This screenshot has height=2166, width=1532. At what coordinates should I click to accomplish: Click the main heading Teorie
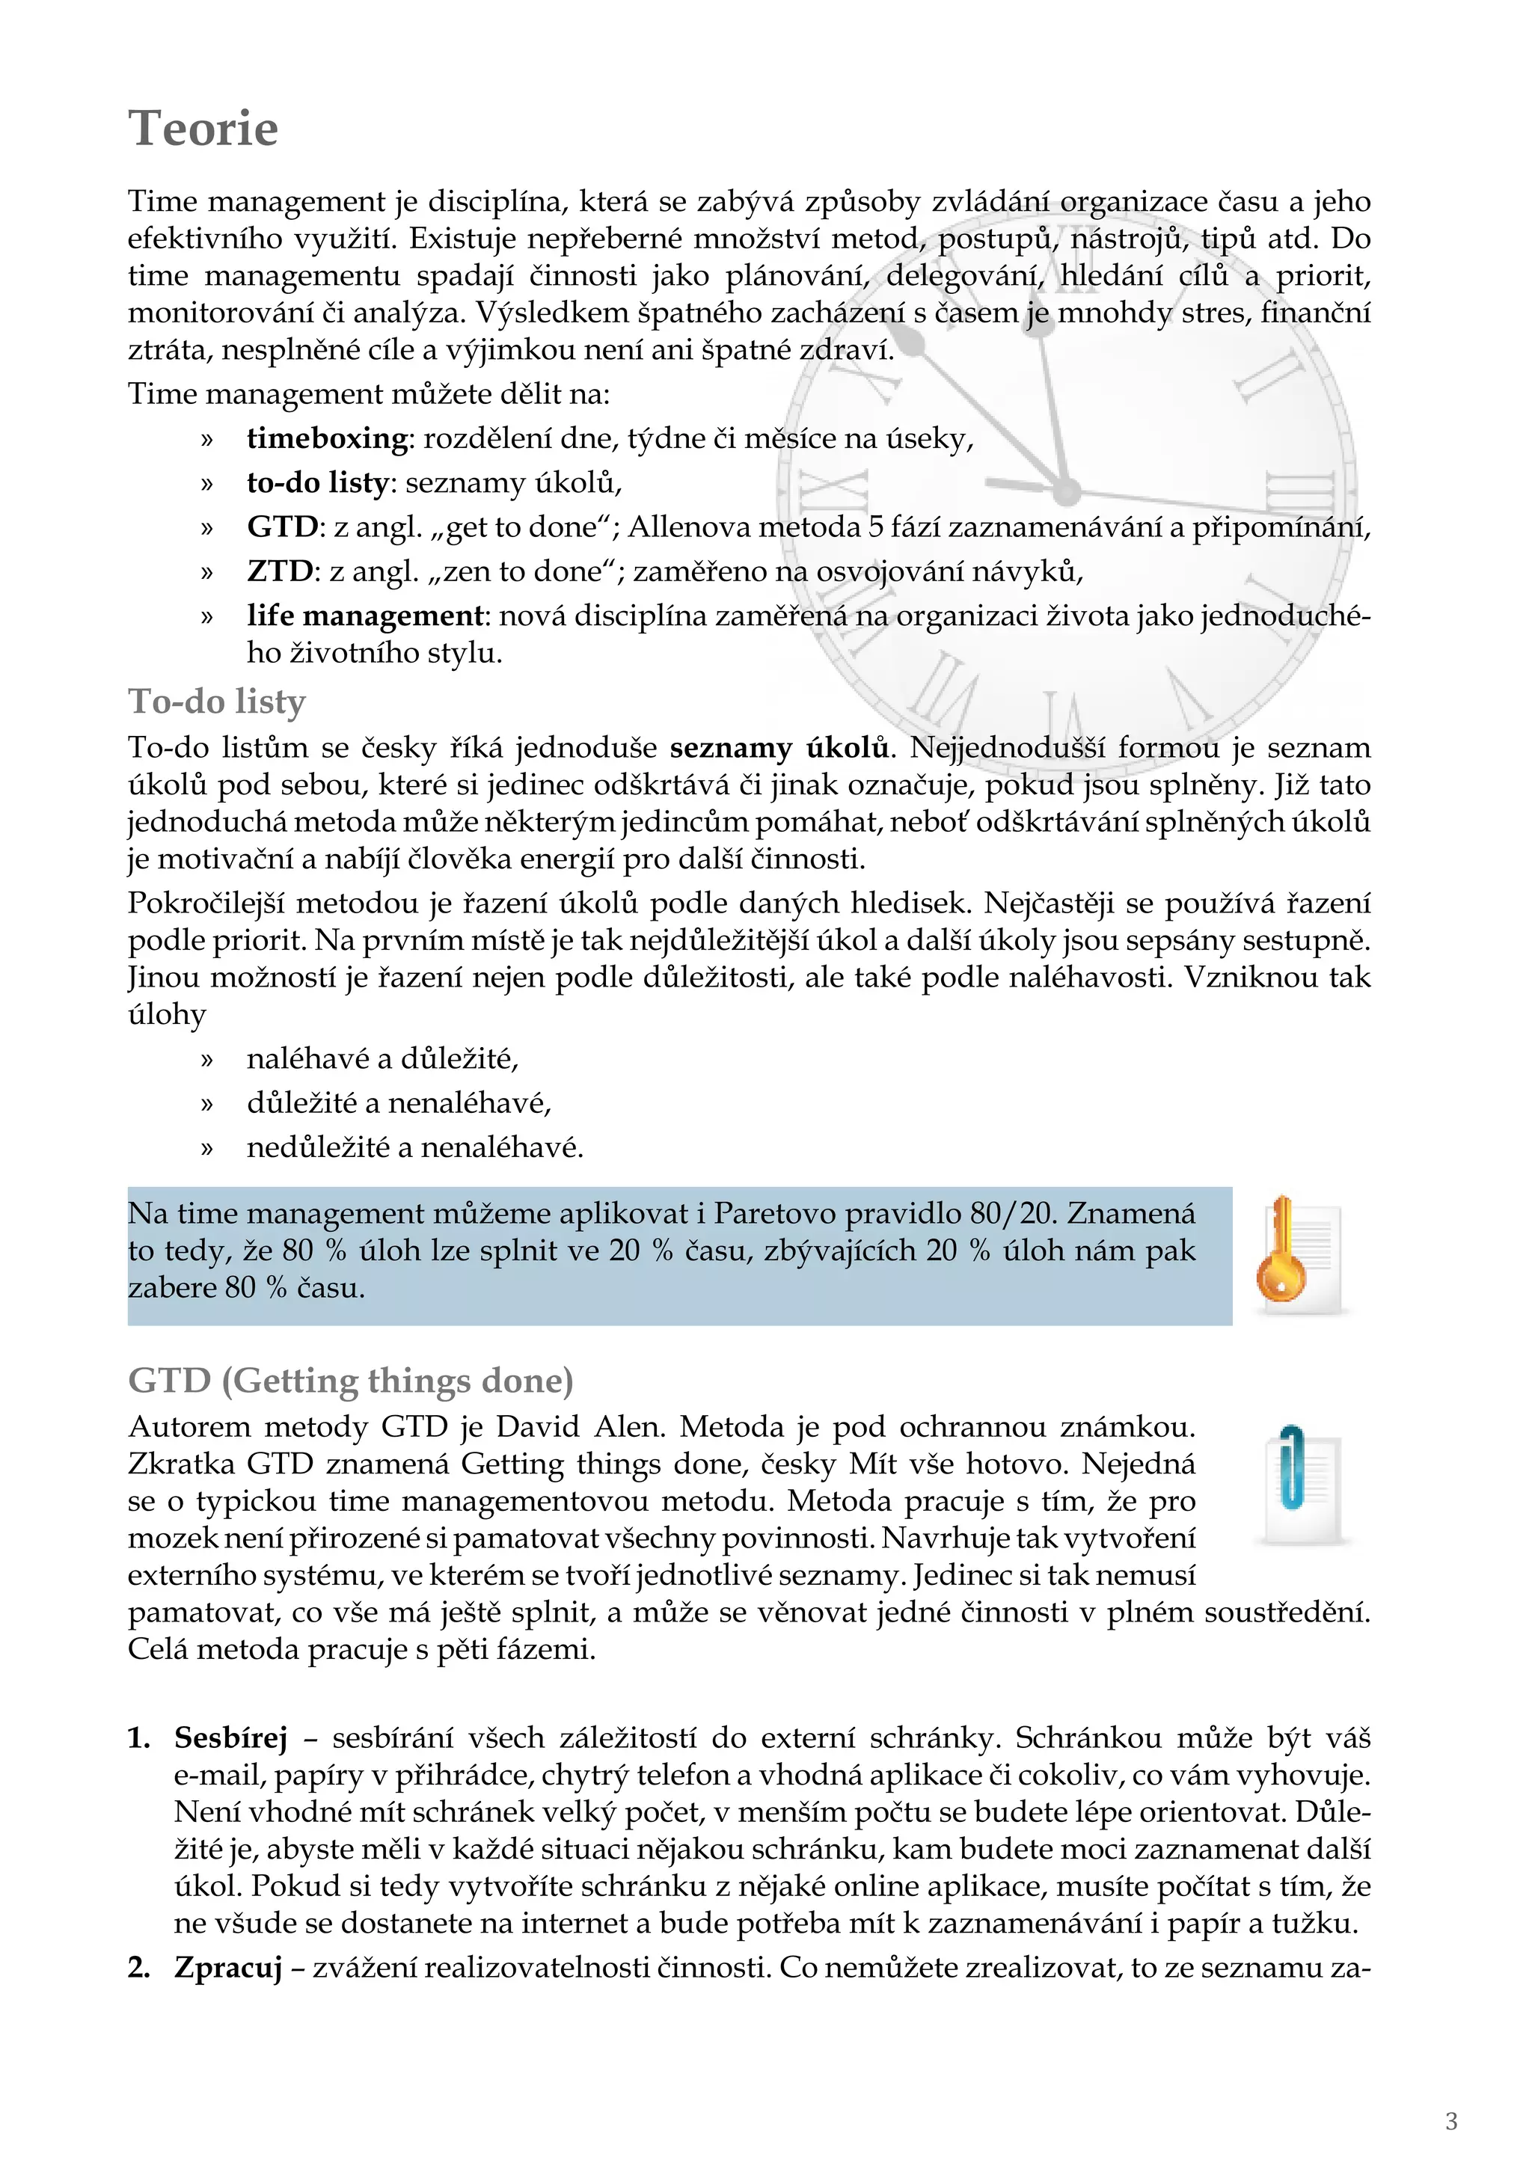coord(203,129)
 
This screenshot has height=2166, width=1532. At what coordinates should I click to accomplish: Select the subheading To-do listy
coord(217,701)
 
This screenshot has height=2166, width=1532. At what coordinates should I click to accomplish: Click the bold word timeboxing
coord(326,439)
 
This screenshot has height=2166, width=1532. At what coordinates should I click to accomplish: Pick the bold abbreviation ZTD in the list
coord(279,571)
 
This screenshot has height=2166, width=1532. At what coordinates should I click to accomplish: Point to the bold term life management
coord(364,616)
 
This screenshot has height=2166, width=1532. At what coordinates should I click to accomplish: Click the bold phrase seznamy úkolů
coord(779,748)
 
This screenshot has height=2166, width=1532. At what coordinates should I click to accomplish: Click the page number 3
coord(1451,2122)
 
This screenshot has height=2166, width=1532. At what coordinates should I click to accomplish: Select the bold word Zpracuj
coord(228,1968)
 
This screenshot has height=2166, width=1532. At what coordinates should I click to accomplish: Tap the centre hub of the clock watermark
coord(1067,491)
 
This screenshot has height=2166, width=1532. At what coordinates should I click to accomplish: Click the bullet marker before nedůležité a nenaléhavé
coord(207,1149)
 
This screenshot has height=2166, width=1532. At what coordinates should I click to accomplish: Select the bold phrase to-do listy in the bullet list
coord(317,483)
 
